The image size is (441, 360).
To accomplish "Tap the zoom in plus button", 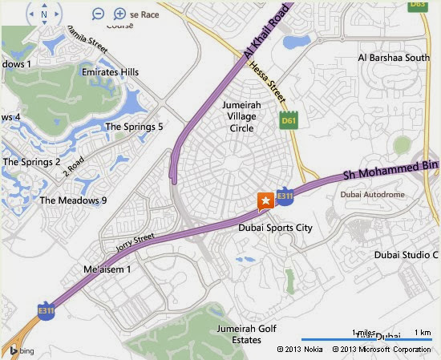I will (x=119, y=14).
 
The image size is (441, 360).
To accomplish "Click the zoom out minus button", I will (x=98, y=14).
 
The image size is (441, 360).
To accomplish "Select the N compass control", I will (x=43, y=14).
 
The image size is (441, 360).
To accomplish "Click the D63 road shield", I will (x=416, y=4).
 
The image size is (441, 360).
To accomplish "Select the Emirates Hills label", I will (x=110, y=72).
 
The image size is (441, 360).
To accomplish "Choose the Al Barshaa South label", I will (x=394, y=58).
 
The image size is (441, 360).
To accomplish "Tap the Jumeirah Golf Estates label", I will (x=239, y=334).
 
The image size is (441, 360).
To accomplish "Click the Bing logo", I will (x=21, y=350).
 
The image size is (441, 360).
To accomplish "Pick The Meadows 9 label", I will (x=73, y=200).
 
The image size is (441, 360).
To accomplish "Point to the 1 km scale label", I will (x=423, y=333).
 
